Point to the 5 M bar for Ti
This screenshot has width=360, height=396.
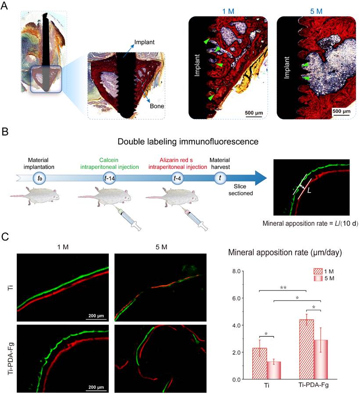tap(274, 370)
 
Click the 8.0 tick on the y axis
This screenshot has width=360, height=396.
tap(236, 271)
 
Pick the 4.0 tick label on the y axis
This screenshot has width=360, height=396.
tap(236, 325)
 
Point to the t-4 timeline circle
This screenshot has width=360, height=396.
tap(178, 178)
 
